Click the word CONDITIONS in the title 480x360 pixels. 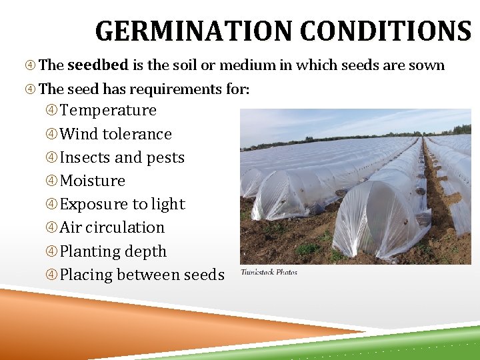click(x=385, y=31)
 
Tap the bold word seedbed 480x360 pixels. click(x=99, y=65)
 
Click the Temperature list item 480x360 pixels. click(x=108, y=110)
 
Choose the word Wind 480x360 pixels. click(x=79, y=134)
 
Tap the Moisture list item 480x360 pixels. click(x=93, y=181)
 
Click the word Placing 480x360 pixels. click(x=86, y=275)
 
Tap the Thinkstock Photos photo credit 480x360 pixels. click(x=269, y=272)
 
